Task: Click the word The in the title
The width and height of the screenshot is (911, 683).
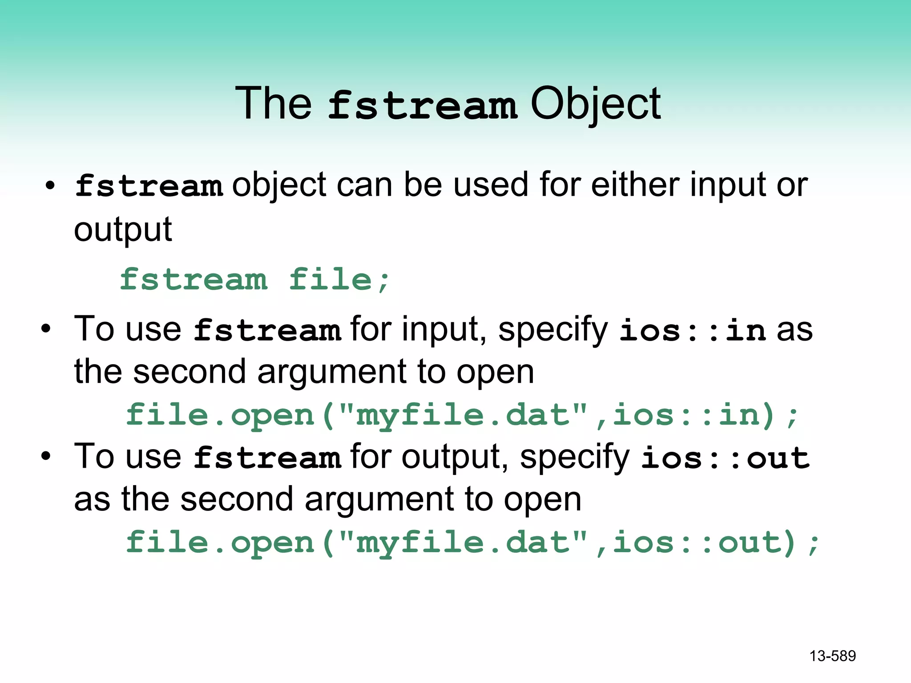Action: (x=273, y=104)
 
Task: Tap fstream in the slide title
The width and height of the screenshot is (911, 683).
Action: (x=422, y=106)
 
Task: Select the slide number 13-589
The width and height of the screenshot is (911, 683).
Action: (x=832, y=656)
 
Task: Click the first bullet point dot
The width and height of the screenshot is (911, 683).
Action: (x=50, y=185)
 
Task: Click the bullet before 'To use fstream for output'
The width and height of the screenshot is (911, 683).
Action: (x=45, y=457)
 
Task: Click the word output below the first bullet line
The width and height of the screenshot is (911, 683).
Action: (x=123, y=230)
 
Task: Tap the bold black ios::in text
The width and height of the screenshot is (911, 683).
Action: (x=693, y=330)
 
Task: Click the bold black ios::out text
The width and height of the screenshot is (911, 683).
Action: (x=725, y=458)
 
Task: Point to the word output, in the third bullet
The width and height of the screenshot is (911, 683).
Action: (x=455, y=458)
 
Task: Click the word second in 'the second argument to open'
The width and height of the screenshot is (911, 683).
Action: (x=189, y=372)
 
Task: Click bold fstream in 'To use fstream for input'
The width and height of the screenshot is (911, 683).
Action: (x=267, y=330)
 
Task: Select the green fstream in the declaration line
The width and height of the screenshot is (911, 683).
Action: (x=194, y=280)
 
